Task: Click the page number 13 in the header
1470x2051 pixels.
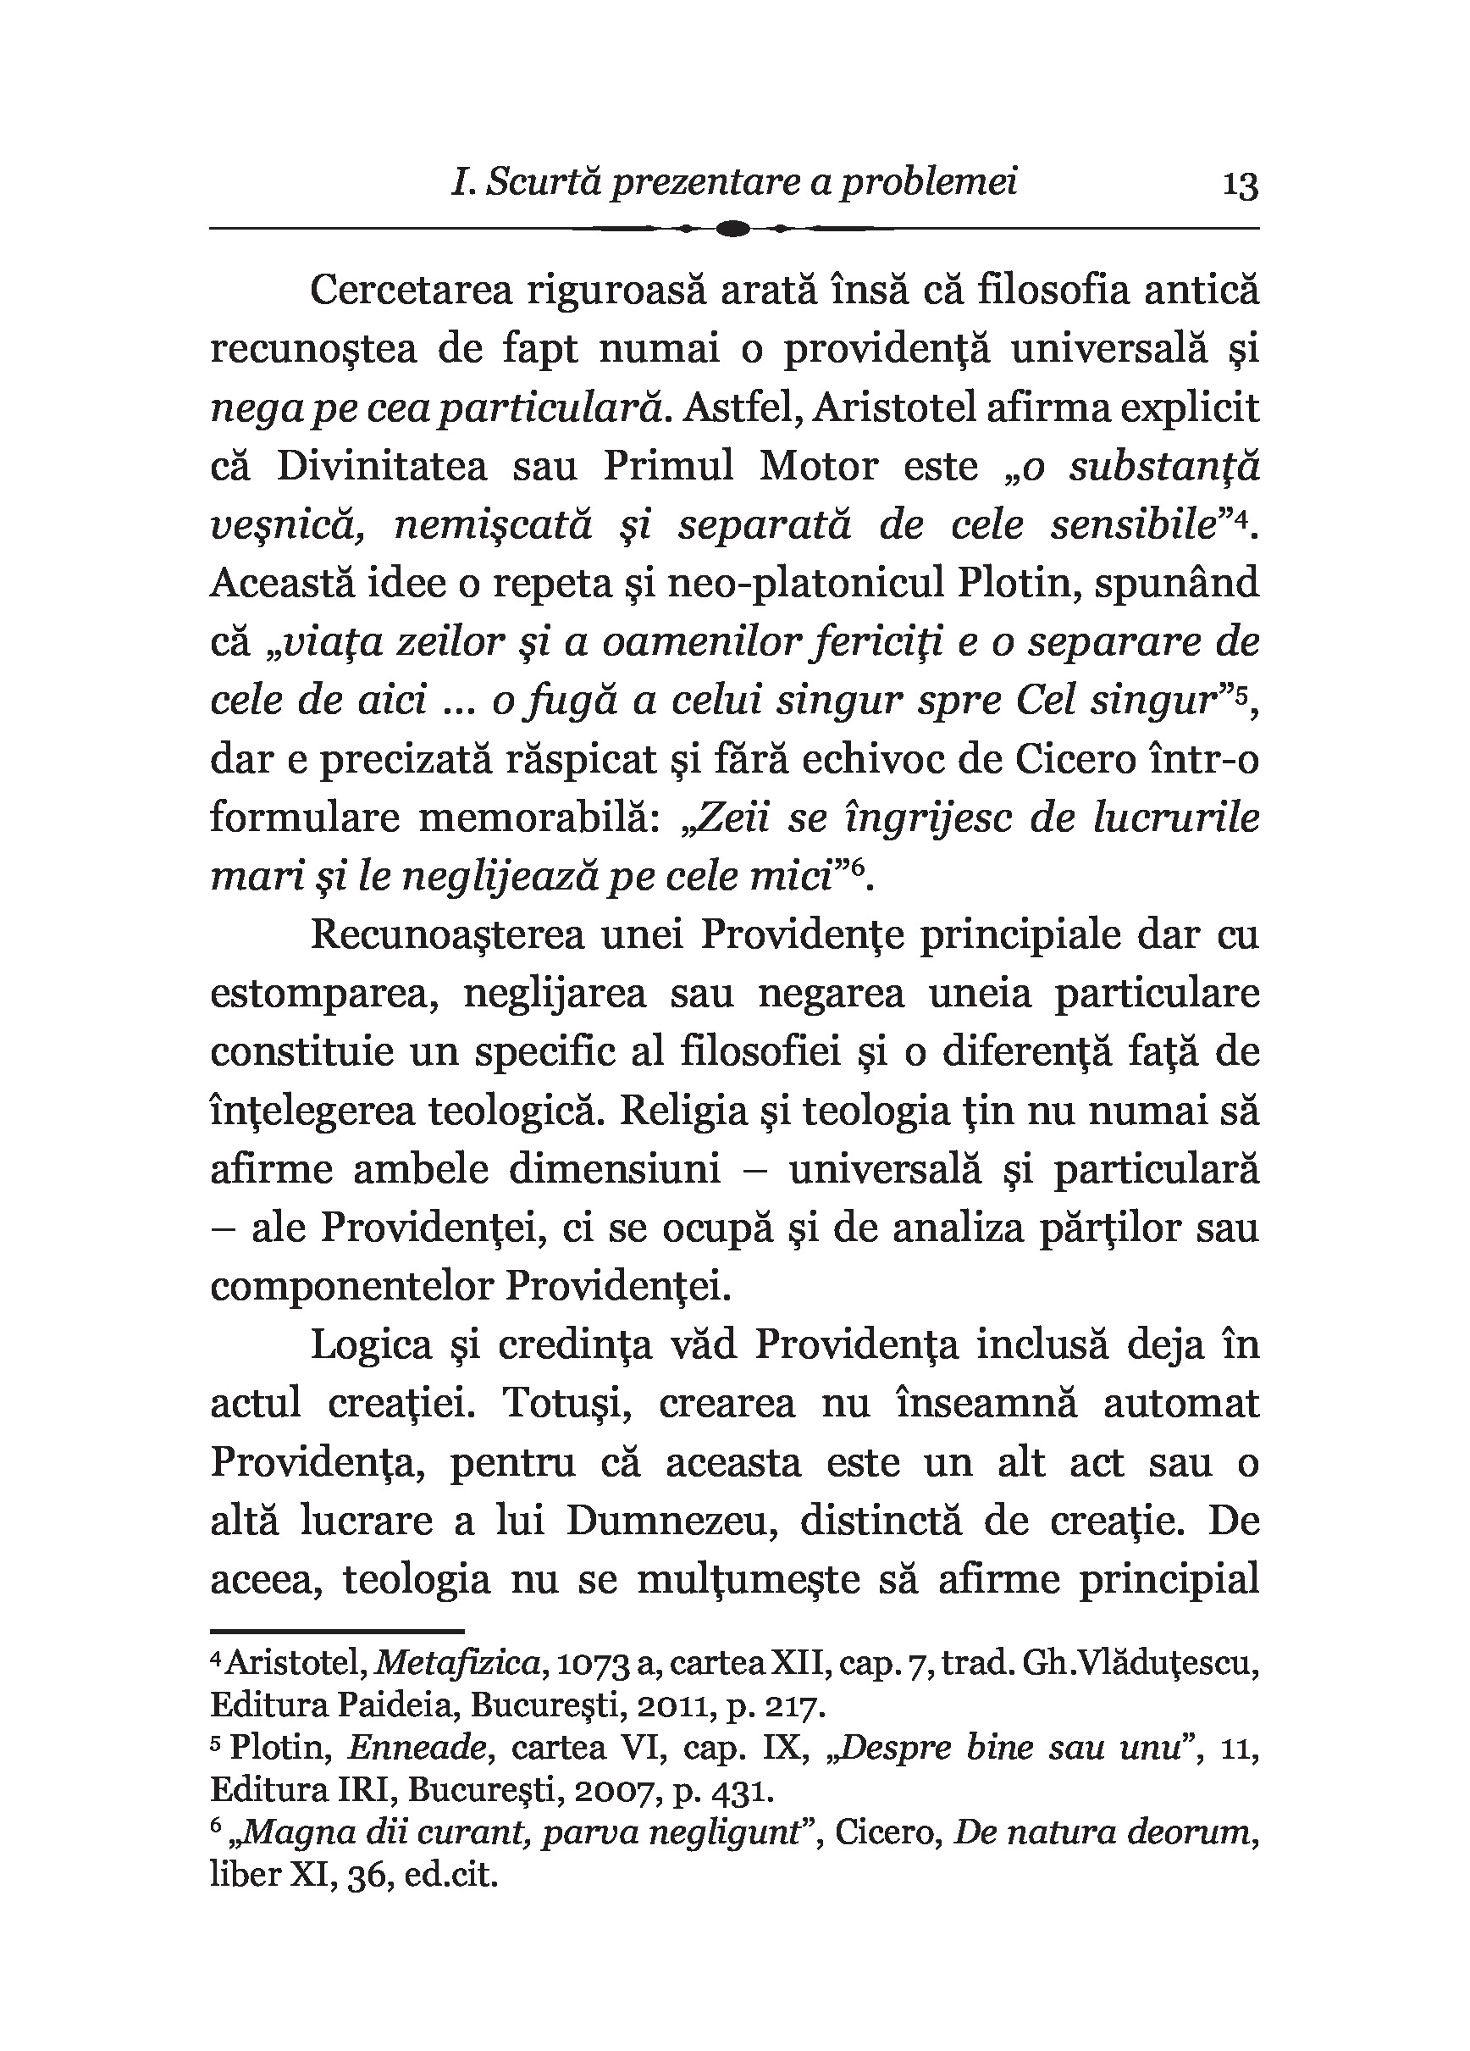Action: (x=1240, y=186)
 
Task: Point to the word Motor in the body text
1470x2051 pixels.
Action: (x=818, y=467)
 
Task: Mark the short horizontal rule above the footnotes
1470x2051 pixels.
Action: (x=336, y=1631)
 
